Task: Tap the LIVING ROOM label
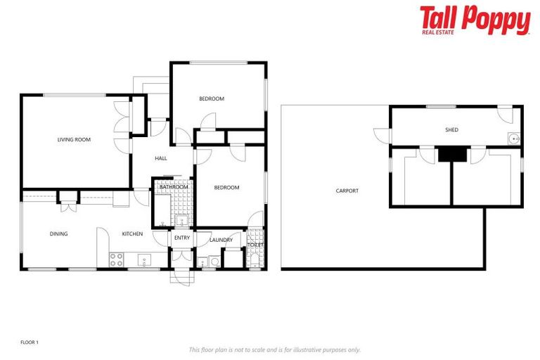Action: click(x=74, y=140)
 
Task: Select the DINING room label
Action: click(x=58, y=233)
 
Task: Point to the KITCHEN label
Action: click(x=132, y=233)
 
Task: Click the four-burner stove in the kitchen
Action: click(x=117, y=259)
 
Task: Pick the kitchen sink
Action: click(x=145, y=259)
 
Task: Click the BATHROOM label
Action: click(x=173, y=187)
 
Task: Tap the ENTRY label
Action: click(x=182, y=238)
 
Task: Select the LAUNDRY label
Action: click(x=221, y=240)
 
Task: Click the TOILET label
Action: click(x=255, y=245)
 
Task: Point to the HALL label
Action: click(x=161, y=158)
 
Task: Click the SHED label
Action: click(x=451, y=130)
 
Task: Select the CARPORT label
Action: click(x=347, y=191)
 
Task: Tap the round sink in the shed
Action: click(x=514, y=139)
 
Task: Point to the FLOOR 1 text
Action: click(x=28, y=342)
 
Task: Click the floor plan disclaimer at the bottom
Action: click(x=274, y=349)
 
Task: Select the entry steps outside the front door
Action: click(x=181, y=277)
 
